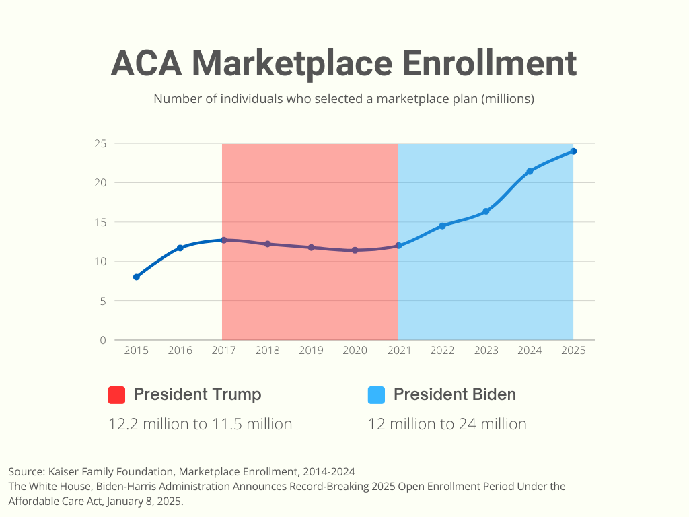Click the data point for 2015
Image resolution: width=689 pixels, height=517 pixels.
(137, 277)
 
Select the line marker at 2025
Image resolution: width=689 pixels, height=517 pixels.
(573, 151)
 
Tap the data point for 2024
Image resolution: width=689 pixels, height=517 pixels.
(530, 172)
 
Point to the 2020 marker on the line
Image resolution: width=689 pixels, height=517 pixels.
(355, 250)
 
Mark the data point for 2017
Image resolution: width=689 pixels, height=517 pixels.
(223, 240)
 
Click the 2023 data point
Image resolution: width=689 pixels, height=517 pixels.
(486, 211)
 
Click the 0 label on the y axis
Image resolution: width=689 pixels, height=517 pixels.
(103, 340)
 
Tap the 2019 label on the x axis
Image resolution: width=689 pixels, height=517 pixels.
(311, 351)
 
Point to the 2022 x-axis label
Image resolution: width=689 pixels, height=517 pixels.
(442, 351)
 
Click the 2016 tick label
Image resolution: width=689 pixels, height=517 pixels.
(180, 351)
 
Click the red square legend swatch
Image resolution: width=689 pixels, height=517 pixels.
(117, 395)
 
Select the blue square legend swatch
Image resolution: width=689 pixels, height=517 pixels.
(376, 395)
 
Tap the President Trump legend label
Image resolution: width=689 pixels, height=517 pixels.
(197, 394)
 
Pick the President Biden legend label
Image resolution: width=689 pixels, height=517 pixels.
(454, 394)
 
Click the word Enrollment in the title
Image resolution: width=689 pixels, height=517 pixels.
(489, 63)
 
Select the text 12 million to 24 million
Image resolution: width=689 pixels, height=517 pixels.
(447, 424)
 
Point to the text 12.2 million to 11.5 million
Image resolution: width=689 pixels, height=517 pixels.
(200, 424)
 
